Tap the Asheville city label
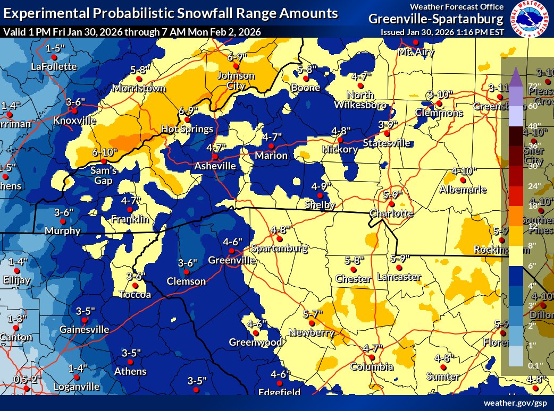pos(215,166)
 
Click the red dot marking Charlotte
pos(391,203)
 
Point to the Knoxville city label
pos(74,121)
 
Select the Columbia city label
pos(372,367)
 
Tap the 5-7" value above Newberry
pos(313,314)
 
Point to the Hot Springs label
pos(187,129)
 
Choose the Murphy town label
pos(63,231)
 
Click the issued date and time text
pos(442,32)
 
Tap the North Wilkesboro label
pos(361,100)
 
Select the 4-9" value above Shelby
pos(322,186)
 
